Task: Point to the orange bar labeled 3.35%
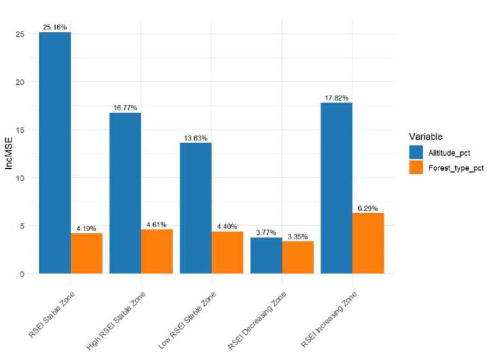click(x=297, y=257)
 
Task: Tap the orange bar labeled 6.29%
click(x=368, y=243)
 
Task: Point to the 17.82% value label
click(x=337, y=98)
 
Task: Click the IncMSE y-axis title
click(x=10, y=154)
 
